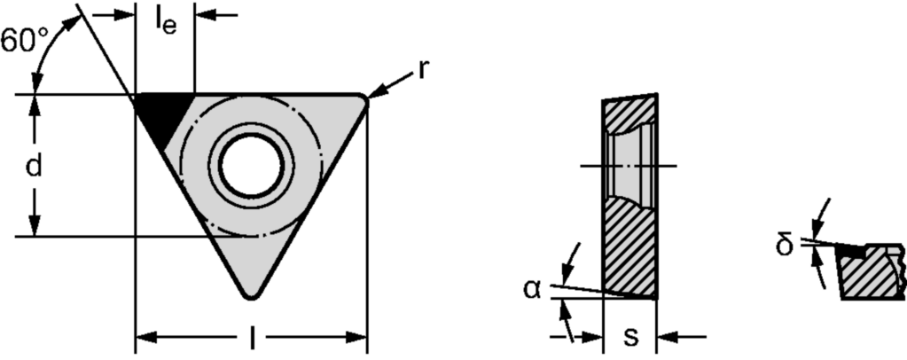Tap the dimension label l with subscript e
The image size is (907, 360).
point(166,22)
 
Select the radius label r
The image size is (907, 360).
point(423,70)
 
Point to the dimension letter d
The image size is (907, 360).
point(34,166)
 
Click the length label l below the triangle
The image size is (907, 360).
point(252,338)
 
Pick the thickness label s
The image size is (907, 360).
point(630,337)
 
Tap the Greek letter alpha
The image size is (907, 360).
point(532,289)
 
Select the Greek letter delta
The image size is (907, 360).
point(784,245)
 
